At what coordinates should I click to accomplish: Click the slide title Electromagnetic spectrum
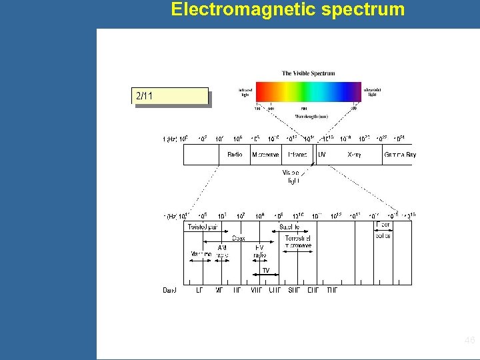tap(287, 9)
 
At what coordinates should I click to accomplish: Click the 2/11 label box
tap(171, 97)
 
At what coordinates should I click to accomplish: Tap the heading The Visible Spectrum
tap(308, 73)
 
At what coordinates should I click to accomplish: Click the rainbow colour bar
tap(308, 91)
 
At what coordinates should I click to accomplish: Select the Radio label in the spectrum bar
tap(235, 155)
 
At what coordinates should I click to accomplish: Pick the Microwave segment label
tap(265, 155)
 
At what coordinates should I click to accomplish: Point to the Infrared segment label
tap(297, 155)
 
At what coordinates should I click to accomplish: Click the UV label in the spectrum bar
tap(322, 155)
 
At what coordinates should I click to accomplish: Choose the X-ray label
tap(355, 155)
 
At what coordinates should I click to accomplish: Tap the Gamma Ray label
tap(400, 155)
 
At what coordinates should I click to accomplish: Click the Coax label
tap(238, 238)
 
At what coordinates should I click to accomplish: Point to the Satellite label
tap(289, 227)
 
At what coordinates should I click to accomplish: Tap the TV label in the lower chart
tap(265, 271)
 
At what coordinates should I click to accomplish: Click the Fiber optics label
tap(383, 230)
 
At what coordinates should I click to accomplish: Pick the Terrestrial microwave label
tap(298, 242)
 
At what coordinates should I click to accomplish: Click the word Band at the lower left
tap(170, 290)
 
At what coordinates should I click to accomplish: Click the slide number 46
tap(469, 341)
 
